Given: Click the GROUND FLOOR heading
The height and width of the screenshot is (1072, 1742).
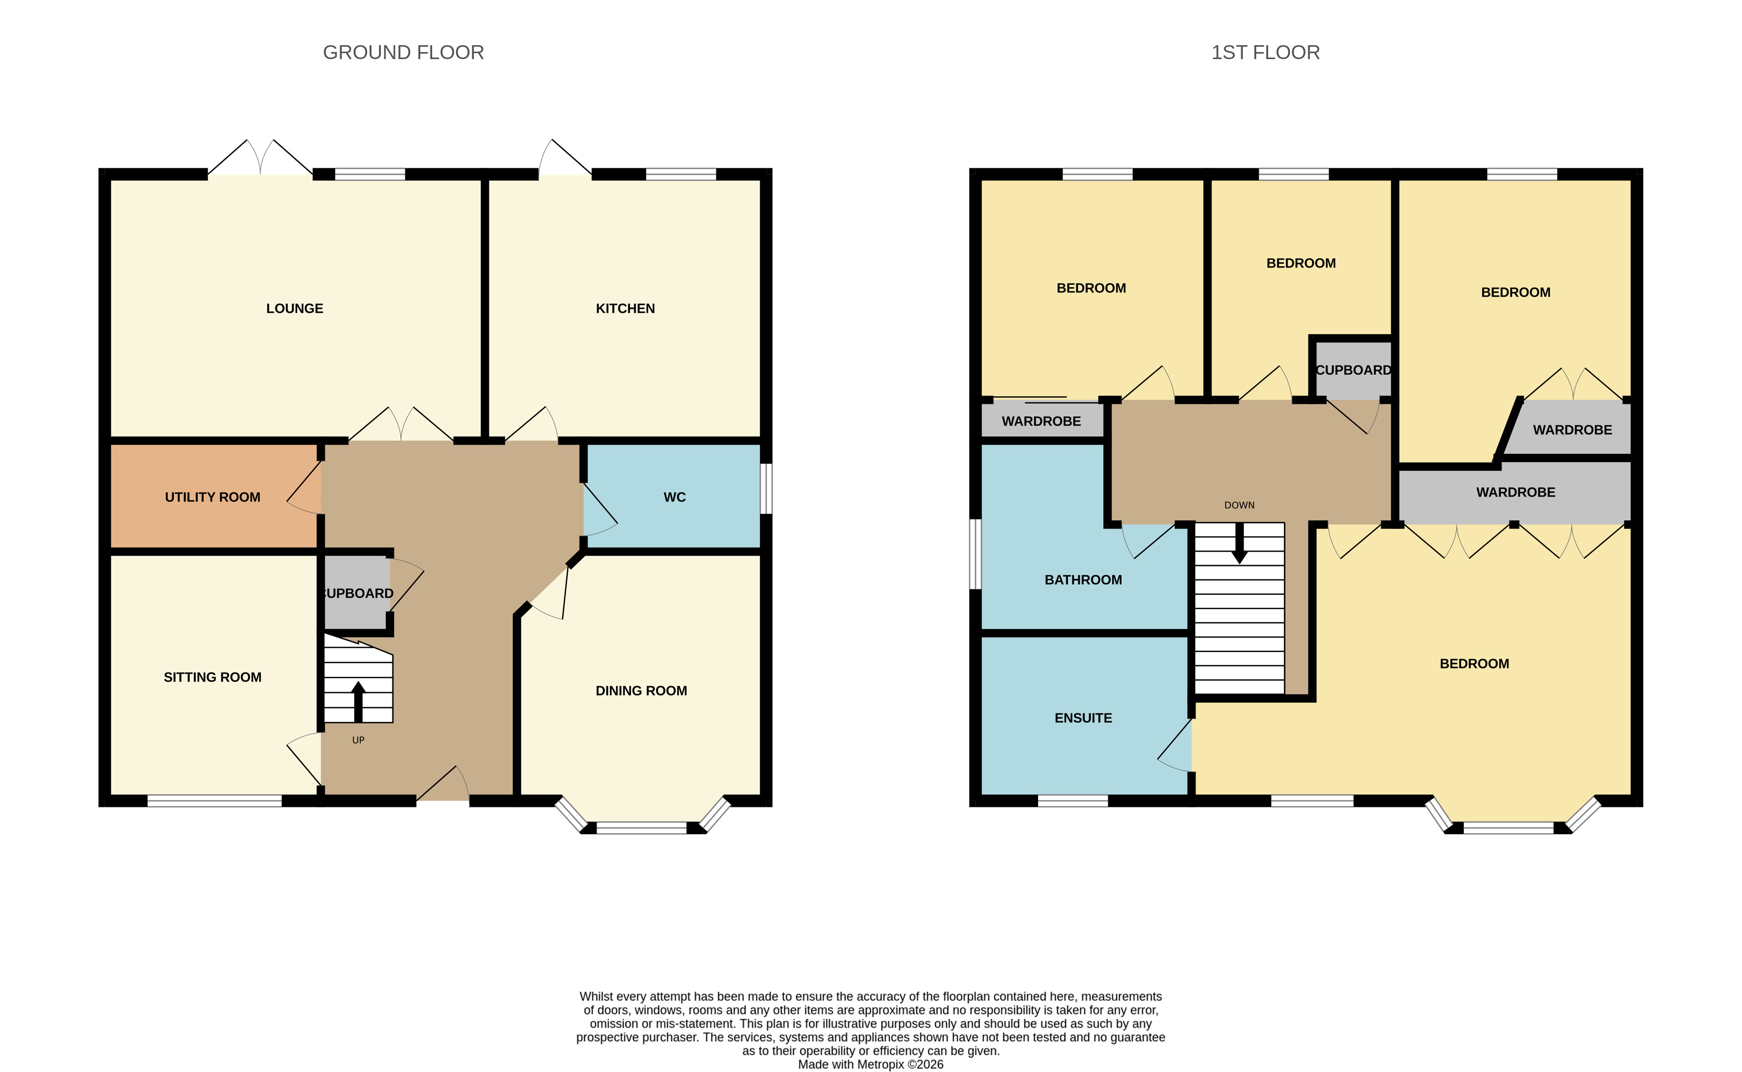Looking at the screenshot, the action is [403, 53].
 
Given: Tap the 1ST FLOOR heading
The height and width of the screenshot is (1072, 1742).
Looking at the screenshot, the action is [1265, 53].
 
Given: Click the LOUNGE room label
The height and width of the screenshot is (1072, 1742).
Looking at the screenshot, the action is [295, 308].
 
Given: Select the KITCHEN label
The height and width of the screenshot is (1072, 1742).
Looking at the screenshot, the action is [625, 308].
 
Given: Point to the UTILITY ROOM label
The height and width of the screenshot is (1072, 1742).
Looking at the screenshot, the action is [213, 497].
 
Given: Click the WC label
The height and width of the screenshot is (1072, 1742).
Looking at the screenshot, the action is [675, 497].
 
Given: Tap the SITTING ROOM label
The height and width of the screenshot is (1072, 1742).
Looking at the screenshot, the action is [213, 677].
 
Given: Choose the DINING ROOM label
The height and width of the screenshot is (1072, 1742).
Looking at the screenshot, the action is [641, 691].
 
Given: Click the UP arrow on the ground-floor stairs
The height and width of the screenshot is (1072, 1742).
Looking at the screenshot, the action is [358, 702].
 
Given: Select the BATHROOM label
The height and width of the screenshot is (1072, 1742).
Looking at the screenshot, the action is [1083, 580].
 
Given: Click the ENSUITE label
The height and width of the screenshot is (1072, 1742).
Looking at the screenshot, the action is [1083, 718].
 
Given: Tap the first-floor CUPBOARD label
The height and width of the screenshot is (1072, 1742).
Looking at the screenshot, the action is [1353, 370].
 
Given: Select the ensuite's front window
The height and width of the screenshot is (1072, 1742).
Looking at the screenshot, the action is [1072, 801].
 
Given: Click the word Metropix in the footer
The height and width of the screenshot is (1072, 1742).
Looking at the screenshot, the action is [880, 1064].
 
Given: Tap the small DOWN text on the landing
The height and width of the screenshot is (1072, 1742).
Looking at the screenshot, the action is [1239, 505].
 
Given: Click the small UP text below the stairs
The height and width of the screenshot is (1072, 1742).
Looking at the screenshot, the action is [358, 740].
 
